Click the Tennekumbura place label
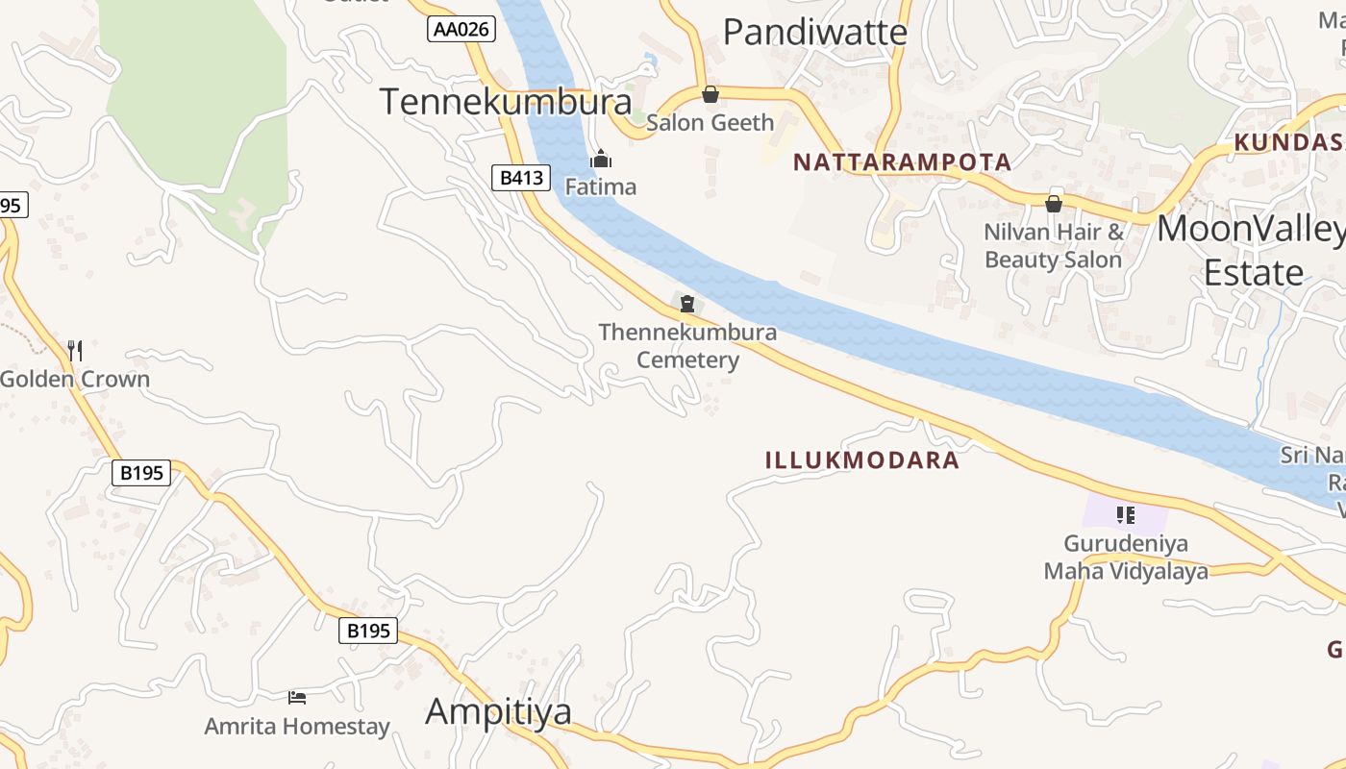click(x=506, y=102)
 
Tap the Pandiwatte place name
click(x=814, y=33)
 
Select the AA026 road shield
click(x=461, y=29)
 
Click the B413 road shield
click(x=521, y=177)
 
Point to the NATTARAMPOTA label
click(x=902, y=162)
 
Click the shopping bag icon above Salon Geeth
click(x=710, y=94)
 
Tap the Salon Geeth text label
click(x=710, y=122)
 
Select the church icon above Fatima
click(x=601, y=159)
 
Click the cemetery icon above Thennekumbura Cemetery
click(x=687, y=305)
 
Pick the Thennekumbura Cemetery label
click(x=687, y=346)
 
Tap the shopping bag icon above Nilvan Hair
click(x=1054, y=204)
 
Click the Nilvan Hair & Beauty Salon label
click(x=1054, y=246)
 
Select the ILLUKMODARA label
click(x=862, y=460)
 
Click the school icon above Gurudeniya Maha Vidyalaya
click(x=1126, y=515)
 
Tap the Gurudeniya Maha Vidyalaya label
click(x=1126, y=558)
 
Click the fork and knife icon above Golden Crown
click(x=75, y=351)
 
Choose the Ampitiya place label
click(x=498, y=711)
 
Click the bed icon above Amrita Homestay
click(x=297, y=697)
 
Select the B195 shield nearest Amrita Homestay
click(x=368, y=631)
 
